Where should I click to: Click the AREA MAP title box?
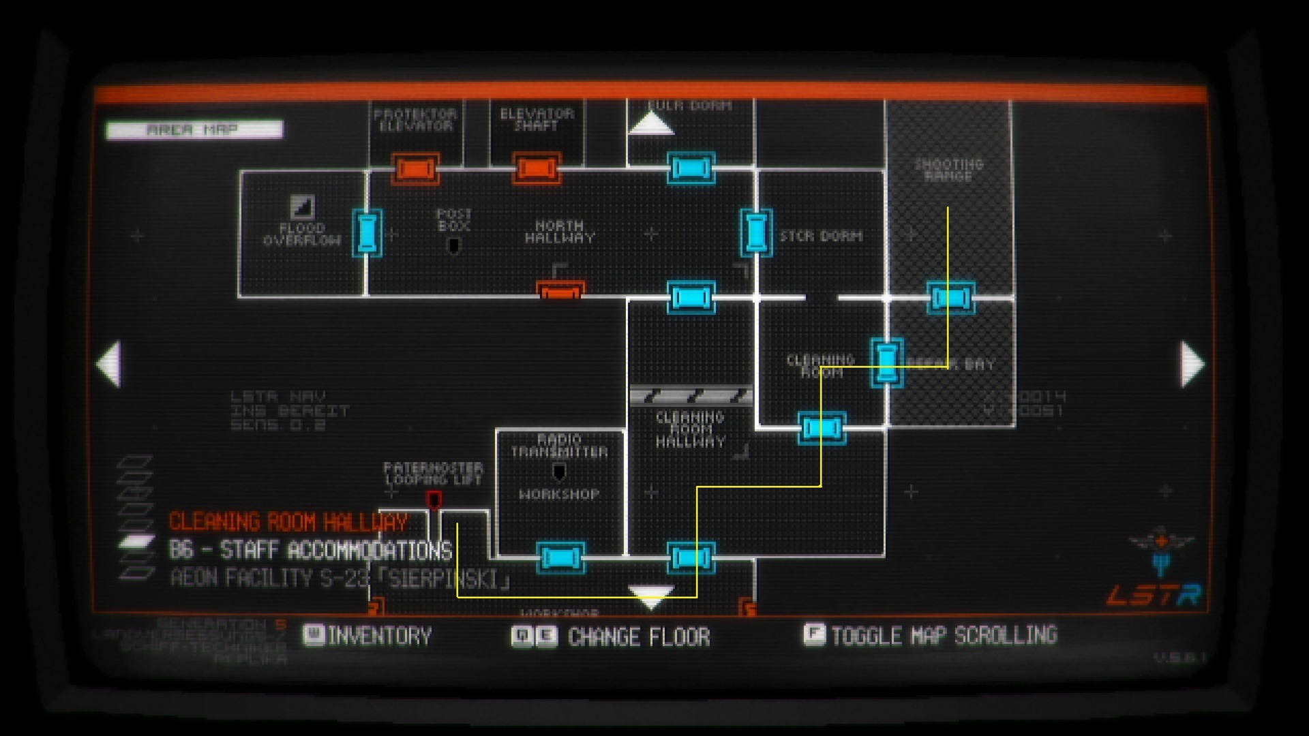[194, 129]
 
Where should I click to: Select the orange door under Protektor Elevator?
[415, 168]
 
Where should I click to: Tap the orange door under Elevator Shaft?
[537, 168]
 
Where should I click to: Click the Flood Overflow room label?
[302, 234]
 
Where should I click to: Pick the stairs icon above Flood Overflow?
[302, 206]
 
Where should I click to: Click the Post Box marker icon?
[453, 245]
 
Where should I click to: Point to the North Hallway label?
[560, 232]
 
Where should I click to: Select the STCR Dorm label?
[821, 236]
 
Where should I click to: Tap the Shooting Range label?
[948, 170]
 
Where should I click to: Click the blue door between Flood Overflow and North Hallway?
[367, 233]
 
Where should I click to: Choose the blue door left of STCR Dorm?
[756, 232]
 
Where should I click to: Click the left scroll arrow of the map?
[109, 364]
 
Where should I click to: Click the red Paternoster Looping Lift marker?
[434, 501]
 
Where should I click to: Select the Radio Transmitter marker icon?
[559, 472]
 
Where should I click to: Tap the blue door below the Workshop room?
[560, 557]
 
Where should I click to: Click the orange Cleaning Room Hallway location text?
[288, 523]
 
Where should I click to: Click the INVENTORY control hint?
[368, 636]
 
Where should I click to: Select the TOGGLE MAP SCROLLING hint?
[931, 635]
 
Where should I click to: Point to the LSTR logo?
[1154, 595]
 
